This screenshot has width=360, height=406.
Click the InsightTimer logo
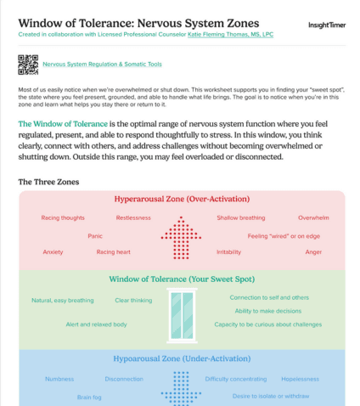[x=325, y=25]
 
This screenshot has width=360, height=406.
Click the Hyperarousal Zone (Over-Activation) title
[x=182, y=200]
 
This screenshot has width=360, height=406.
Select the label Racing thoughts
[x=62, y=218]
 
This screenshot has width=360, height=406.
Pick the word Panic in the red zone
[x=95, y=235]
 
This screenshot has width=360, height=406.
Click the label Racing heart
[x=113, y=252]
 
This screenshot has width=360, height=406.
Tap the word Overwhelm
[x=313, y=218]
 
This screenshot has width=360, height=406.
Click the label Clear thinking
[x=133, y=300]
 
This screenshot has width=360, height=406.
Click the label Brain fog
[x=89, y=397]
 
